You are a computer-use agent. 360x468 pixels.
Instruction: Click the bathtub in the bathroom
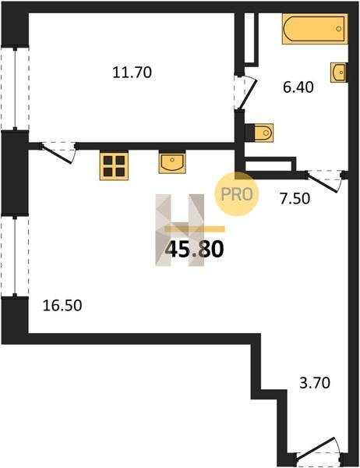click(315, 29)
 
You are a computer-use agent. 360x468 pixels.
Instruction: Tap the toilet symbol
click(263, 133)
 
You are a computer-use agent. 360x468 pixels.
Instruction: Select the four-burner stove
click(114, 166)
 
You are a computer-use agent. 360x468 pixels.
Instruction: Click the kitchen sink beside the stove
click(171, 162)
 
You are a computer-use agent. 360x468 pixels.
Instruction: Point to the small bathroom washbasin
click(338, 73)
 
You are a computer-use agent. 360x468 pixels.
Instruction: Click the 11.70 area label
click(132, 73)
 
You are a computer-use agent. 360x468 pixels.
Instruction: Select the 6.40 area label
click(298, 87)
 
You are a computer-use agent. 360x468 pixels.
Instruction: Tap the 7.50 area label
click(295, 199)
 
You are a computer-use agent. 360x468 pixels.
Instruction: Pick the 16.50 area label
click(62, 306)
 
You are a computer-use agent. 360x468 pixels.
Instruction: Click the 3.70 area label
click(315, 383)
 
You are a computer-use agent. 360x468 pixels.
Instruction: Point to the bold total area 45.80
click(194, 250)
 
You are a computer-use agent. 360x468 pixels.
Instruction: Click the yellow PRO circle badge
click(237, 194)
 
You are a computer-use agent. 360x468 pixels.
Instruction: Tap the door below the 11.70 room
click(58, 153)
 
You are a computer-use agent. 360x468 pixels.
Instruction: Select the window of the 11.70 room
click(15, 88)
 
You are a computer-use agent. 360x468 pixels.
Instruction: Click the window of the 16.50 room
click(15, 256)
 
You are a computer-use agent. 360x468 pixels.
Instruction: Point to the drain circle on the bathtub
click(339, 29)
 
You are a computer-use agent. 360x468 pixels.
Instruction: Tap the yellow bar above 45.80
click(195, 229)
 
